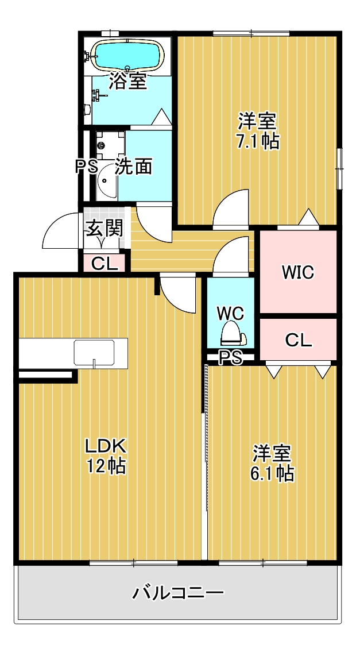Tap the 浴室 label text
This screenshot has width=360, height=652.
point(127,82)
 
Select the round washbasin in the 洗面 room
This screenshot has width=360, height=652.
point(107,180)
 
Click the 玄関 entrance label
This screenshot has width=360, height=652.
point(104,229)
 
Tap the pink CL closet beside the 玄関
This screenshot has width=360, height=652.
point(104,264)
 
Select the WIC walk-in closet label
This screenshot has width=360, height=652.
point(297,272)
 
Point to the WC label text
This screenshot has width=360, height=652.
point(230,314)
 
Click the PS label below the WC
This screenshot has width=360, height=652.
point(230,358)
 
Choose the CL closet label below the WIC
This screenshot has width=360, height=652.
point(298,340)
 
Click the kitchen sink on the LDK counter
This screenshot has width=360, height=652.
point(94,352)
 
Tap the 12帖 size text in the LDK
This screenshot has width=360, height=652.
point(106,466)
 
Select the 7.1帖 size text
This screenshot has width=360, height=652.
point(258,141)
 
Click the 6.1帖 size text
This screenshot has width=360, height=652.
point(273,473)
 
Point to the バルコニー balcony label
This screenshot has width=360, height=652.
point(178,593)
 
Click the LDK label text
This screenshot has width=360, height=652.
point(105,446)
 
